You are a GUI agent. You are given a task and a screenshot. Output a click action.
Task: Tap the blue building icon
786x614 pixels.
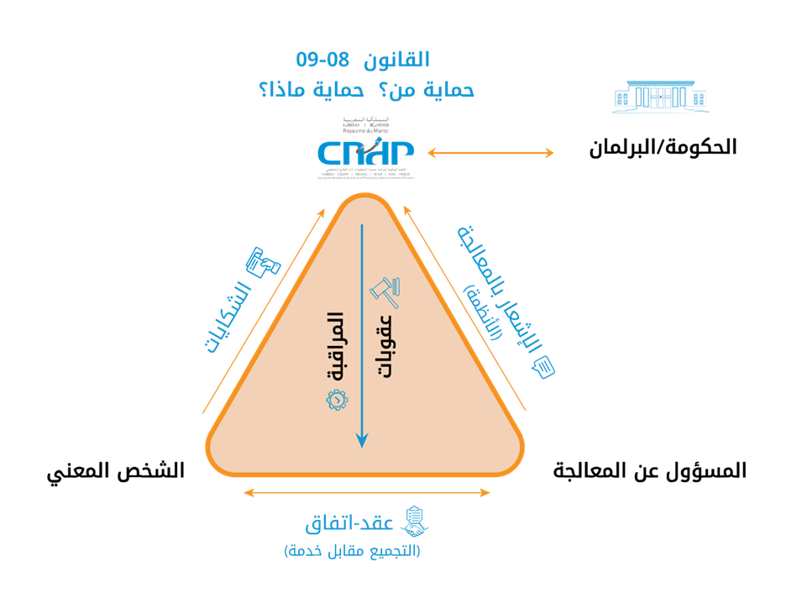tap(659, 97)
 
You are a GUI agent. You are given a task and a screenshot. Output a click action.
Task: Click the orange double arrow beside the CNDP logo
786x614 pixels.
tap(490, 153)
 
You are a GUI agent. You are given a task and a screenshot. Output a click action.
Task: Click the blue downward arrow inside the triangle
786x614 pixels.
tap(362, 336)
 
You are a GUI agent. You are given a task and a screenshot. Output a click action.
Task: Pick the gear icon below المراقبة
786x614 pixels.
tap(335, 401)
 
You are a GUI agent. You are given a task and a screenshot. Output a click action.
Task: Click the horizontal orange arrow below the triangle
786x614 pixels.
tap(366, 493)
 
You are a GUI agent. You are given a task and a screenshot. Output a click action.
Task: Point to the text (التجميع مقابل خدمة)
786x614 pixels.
tap(352, 551)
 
